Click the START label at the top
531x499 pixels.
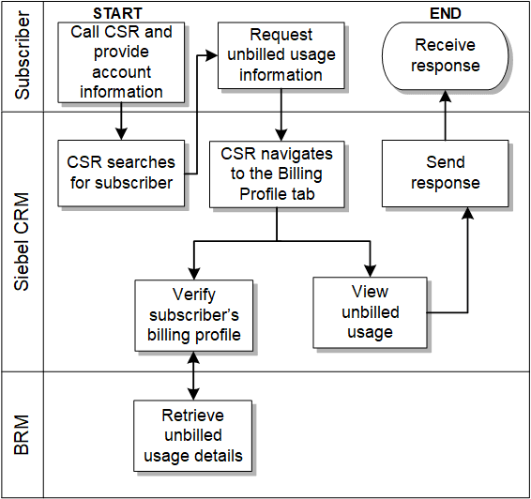click(118, 13)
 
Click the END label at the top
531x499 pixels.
click(444, 13)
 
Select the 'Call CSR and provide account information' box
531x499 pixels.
click(121, 62)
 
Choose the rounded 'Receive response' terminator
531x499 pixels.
click(446, 55)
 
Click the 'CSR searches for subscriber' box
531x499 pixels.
click(121, 173)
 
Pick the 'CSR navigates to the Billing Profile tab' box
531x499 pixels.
click(276, 173)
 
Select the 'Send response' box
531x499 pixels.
click(445, 173)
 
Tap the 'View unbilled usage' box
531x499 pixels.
click(370, 311)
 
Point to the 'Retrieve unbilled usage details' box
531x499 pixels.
click(192, 435)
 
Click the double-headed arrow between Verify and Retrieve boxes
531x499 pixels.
click(193, 375)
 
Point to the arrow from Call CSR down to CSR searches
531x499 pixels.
click(121, 121)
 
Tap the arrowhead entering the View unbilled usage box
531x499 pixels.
click(370, 269)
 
